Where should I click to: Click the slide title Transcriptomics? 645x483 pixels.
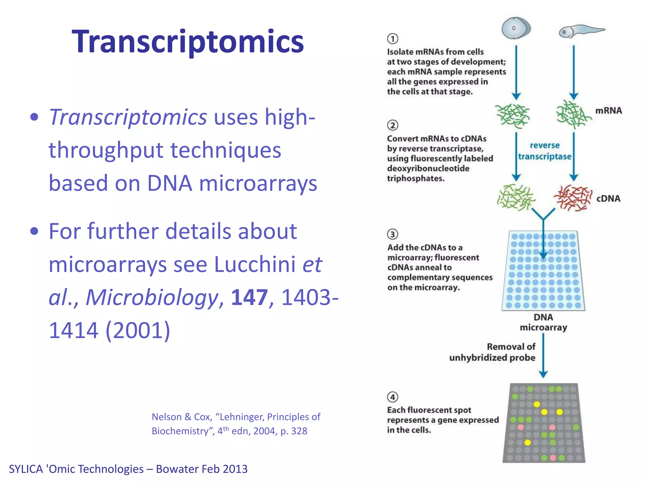188,42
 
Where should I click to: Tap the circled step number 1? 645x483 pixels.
392,39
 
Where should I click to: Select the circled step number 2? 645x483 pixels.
392,125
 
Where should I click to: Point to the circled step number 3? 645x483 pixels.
392,234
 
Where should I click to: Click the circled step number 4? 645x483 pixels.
392,397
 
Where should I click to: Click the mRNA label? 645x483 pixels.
608,111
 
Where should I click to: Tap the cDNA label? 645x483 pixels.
608,199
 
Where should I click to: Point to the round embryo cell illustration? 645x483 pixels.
516,28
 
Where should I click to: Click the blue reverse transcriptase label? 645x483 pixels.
545,151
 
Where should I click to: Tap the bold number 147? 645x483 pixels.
249,297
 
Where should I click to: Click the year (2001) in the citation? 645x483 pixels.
138,330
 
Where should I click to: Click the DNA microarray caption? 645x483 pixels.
543,322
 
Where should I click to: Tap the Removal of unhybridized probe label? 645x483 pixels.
492,352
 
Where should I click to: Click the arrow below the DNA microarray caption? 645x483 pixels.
543,355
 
